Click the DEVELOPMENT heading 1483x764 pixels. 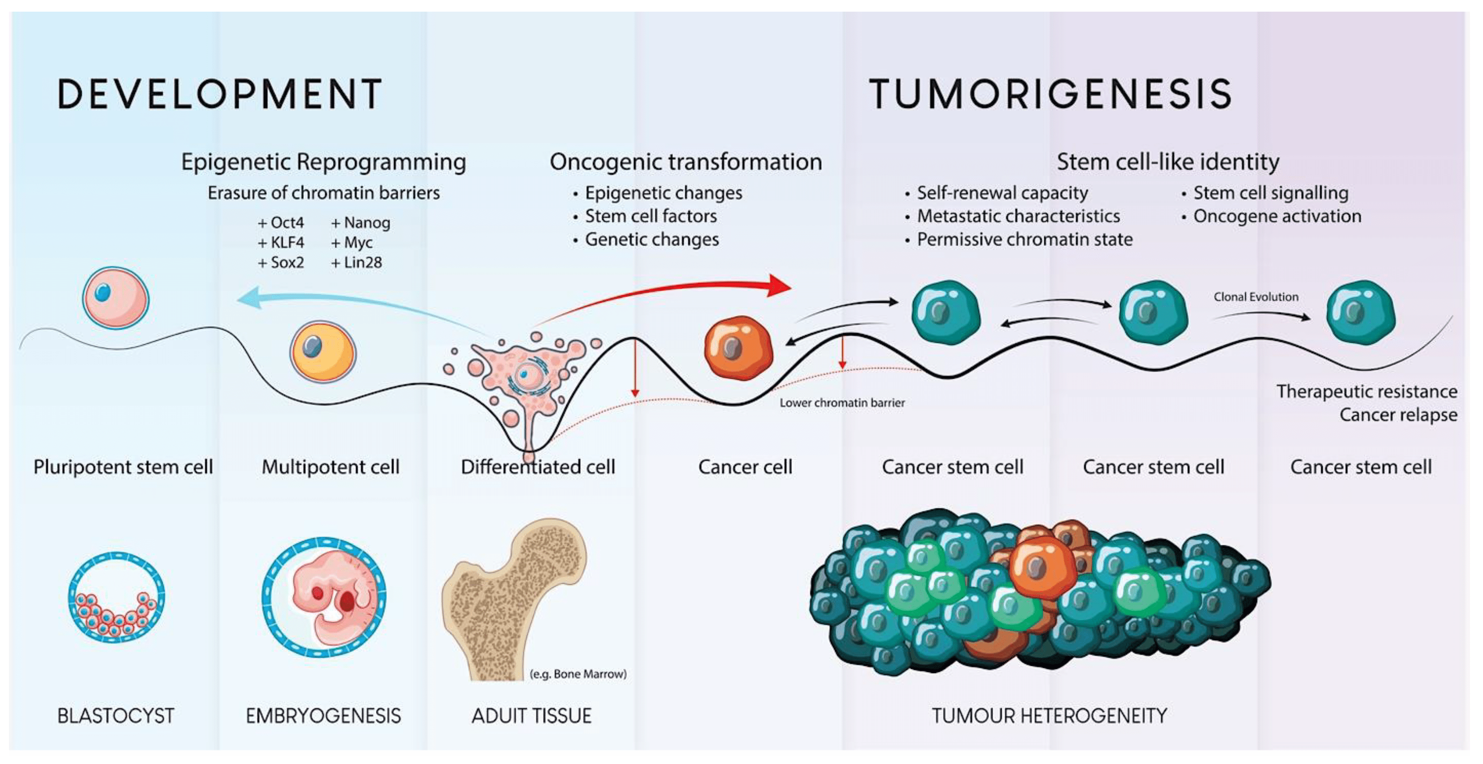(219, 94)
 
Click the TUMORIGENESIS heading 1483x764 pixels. (1050, 94)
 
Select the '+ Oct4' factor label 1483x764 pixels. (281, 223)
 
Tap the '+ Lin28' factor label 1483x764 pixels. (356, 262)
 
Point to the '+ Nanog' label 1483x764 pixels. (360, 223)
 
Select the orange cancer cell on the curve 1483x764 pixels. (738, 347)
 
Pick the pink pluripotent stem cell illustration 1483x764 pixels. (116, 297)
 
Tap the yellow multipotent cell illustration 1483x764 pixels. (323, 351)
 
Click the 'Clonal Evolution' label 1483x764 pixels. (1256, 297)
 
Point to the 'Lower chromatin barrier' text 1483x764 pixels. (842, 403)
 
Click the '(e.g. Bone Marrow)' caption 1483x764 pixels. (577, 674)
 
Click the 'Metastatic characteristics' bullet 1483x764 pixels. (1018, 216)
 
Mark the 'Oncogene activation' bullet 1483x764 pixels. (1277, 216)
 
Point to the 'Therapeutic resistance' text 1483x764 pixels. (1366, 391)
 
